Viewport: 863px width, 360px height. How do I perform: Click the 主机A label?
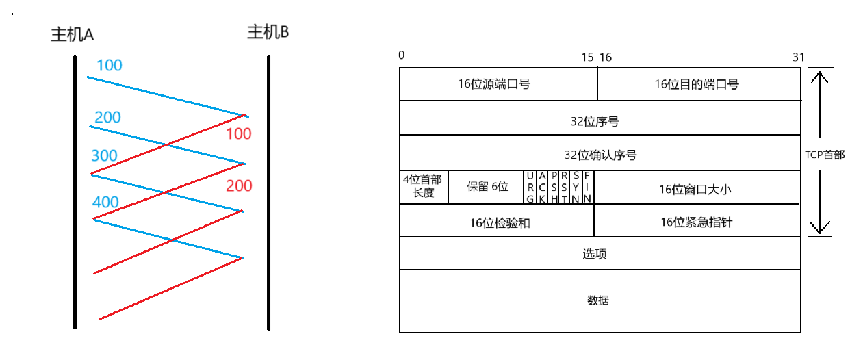tap(72, 36)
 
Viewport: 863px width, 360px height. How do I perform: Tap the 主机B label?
tap(268, 32)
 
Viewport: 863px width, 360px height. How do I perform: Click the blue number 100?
tap(110, 66)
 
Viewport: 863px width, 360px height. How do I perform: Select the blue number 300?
tap(104, 156)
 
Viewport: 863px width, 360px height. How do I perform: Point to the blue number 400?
tap(105, 203)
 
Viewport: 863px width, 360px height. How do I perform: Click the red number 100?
tap(239, 134)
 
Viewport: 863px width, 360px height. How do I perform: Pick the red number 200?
tap(239, 186)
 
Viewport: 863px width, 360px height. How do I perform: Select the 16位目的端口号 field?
tap(699, 84)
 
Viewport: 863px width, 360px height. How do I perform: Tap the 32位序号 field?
tap(599, 121)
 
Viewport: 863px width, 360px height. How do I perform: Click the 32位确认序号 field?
tap(599, 155)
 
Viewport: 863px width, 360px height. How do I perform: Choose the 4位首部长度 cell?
tap(423, 187)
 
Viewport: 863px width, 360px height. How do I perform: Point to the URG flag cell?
tap(530, 188)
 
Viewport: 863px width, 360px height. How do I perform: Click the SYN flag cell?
tap(576, 188)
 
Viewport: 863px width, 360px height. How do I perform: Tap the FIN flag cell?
tap(587, 188)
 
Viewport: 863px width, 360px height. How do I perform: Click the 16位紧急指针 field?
tap(696, 222)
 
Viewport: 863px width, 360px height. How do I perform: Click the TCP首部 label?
tap(825, 155)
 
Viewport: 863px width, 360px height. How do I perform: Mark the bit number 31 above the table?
tap(799, 57)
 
